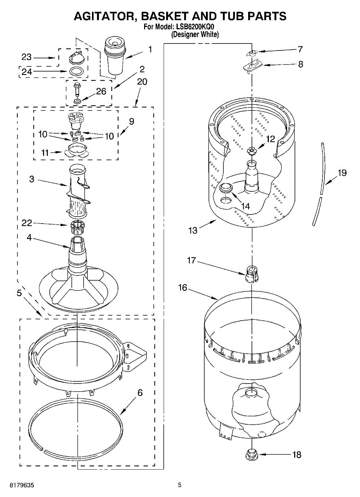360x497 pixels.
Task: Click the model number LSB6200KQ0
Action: click(195, 27)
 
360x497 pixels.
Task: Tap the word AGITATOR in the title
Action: click(106, 16)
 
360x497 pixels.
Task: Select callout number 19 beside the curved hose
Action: click(341, 173)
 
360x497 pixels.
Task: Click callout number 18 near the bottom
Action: click(297, 454)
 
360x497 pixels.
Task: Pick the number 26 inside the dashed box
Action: click(101, 91)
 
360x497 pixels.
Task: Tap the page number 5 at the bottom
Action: click(180, 484)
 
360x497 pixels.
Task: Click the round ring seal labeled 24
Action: click(76, 71)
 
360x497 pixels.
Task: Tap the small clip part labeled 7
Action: click(251, 53)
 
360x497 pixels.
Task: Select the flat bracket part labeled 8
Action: click(251, 65)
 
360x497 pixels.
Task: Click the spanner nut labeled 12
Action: click(251, 150)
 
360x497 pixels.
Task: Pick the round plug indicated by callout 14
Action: click(226, 188)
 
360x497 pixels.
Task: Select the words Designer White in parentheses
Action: click(195, 35)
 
